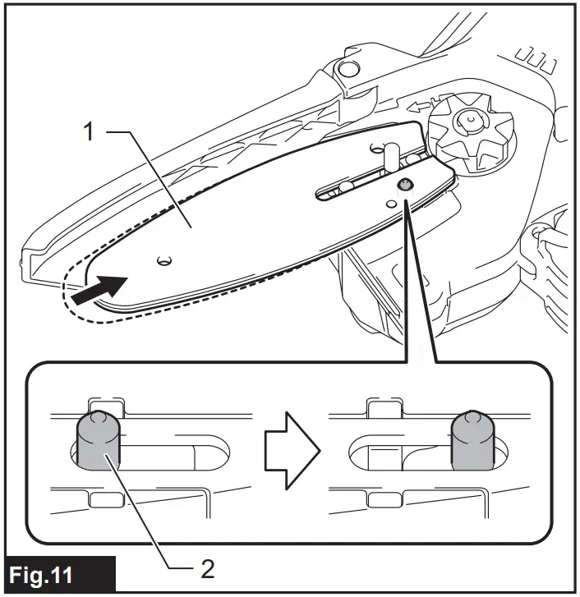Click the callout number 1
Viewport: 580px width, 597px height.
pyautogui.click(x=92, y=131)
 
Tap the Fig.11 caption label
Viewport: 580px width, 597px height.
pyautogui.click(x=51, y=572)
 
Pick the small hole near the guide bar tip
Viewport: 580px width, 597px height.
pyautogui.click(x=165, y=260)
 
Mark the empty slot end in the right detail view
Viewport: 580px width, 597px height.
pyautogui.click(x=367, y=451)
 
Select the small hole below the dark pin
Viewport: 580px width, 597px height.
pyautogui.click(x=388, y=199)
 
